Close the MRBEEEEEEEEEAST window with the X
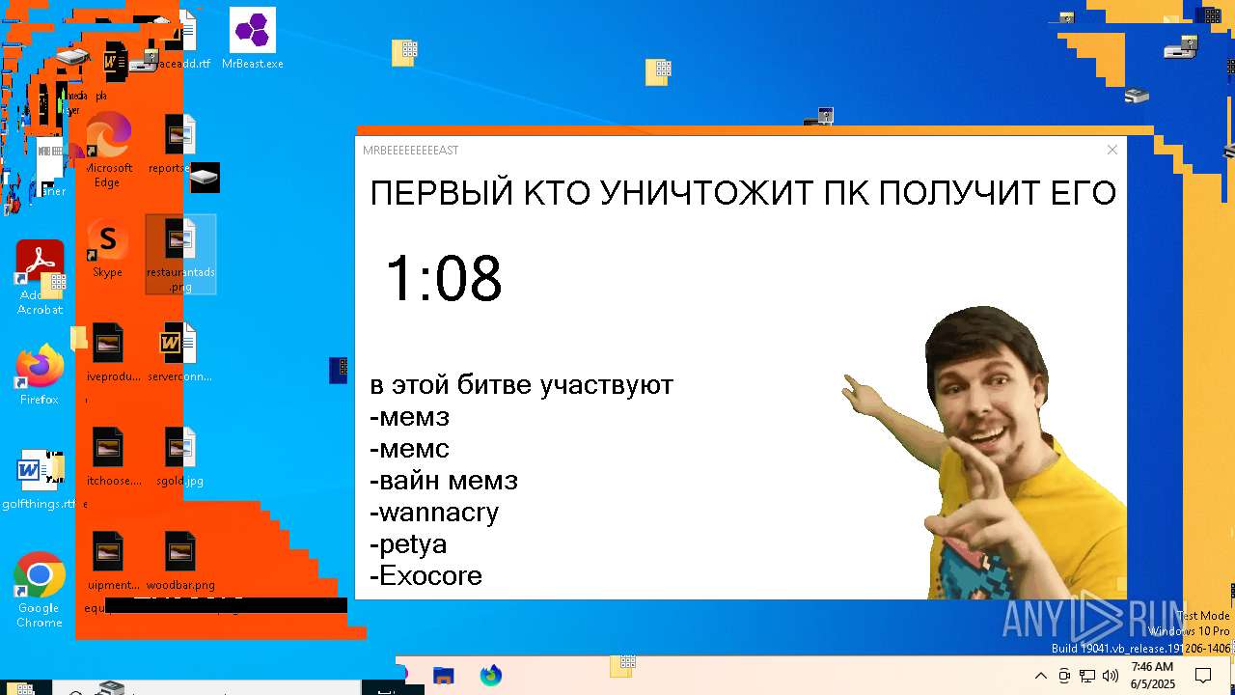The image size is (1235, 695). pos(1112,150)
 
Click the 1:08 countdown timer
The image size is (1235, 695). pos(444,279)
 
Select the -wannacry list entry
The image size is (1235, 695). pos(434,512)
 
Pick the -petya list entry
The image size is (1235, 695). pos(408,543)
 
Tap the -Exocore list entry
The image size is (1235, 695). pos(425,575)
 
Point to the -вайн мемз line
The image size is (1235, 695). pos(444,480)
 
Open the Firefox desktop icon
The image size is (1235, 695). pos(40,368)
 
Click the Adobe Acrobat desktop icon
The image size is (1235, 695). pos(40,264)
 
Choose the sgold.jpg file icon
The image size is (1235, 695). pos(180,449)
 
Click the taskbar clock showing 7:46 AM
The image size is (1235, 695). pos(1152,675)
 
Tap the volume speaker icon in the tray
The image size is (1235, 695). pos(1111,676)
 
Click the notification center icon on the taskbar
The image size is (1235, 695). pos(1203,676)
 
